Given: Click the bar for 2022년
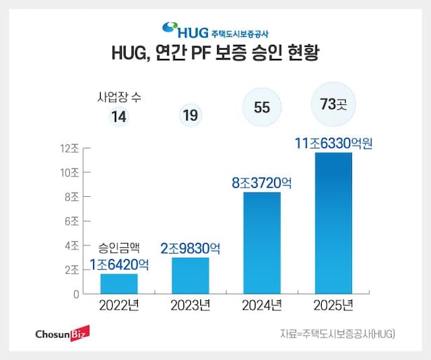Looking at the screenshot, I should (x=119, y=284).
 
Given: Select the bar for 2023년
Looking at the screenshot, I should (x=190, y=276).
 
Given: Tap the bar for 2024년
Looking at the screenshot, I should (x=262, y=243).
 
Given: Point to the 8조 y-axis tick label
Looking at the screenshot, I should (x=71, y=197).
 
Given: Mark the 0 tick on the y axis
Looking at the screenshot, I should (x=75, y=293).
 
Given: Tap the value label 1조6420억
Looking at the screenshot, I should (x=120, y=265).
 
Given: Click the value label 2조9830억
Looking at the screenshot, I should (x=190, y=248).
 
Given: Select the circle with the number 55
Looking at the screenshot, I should (x=262, y=108).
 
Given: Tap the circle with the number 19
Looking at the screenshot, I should (x=190, y=115).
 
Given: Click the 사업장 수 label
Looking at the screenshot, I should (x=119, y=97).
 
